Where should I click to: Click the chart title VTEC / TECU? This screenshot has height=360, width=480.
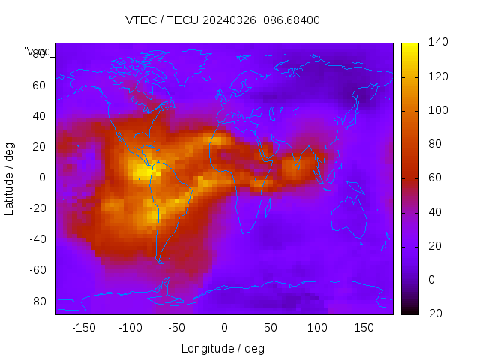coord(223,20)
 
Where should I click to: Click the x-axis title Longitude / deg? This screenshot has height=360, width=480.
coord(223,348)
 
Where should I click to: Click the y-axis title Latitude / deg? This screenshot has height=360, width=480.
coord(10,178)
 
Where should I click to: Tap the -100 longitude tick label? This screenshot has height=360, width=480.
coord(130,328)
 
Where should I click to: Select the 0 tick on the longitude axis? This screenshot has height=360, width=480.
coord(223,328)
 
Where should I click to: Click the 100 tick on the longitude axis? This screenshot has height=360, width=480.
coord(317,328)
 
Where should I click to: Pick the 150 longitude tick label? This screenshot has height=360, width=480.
coord(364,328)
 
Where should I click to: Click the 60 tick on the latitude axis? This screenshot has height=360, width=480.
coord(39,85)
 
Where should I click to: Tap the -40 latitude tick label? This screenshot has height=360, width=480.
coord(37,239)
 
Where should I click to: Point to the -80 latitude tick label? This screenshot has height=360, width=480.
coord(37,301)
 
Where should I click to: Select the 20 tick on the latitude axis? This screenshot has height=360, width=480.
coord(39,146)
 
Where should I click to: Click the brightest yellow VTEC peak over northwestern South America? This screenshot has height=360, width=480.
coord(141,171)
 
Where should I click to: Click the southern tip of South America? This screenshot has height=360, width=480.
coord(159,259)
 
